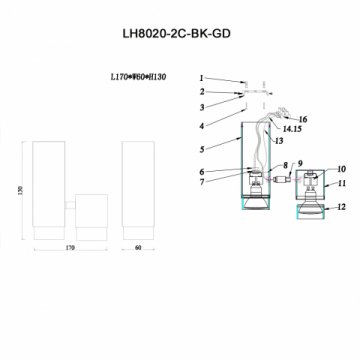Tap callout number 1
200,77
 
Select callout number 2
200,91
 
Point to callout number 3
200,106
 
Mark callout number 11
342,183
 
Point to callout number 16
303,119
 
